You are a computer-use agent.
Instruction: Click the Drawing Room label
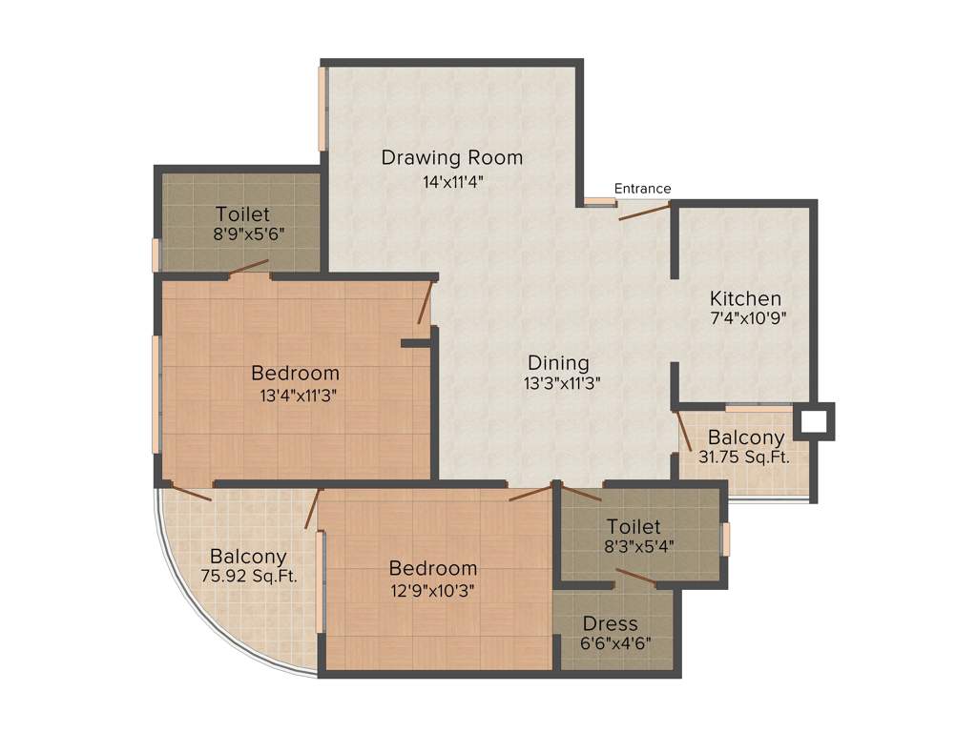point(452,157)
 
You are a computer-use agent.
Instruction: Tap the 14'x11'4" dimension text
point(452,182)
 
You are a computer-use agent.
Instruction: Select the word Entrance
point(642,189)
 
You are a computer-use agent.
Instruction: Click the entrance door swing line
point(645,211)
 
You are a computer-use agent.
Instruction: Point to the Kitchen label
point(744,299)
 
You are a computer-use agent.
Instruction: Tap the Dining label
point(559,363)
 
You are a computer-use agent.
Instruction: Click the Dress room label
point(611,624)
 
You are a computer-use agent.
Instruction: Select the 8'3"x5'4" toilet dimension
point(634,547)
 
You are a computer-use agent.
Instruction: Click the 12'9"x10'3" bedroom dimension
point(432,589)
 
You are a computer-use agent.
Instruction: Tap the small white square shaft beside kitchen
point(814,421)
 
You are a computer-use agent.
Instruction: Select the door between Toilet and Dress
point(635,577)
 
